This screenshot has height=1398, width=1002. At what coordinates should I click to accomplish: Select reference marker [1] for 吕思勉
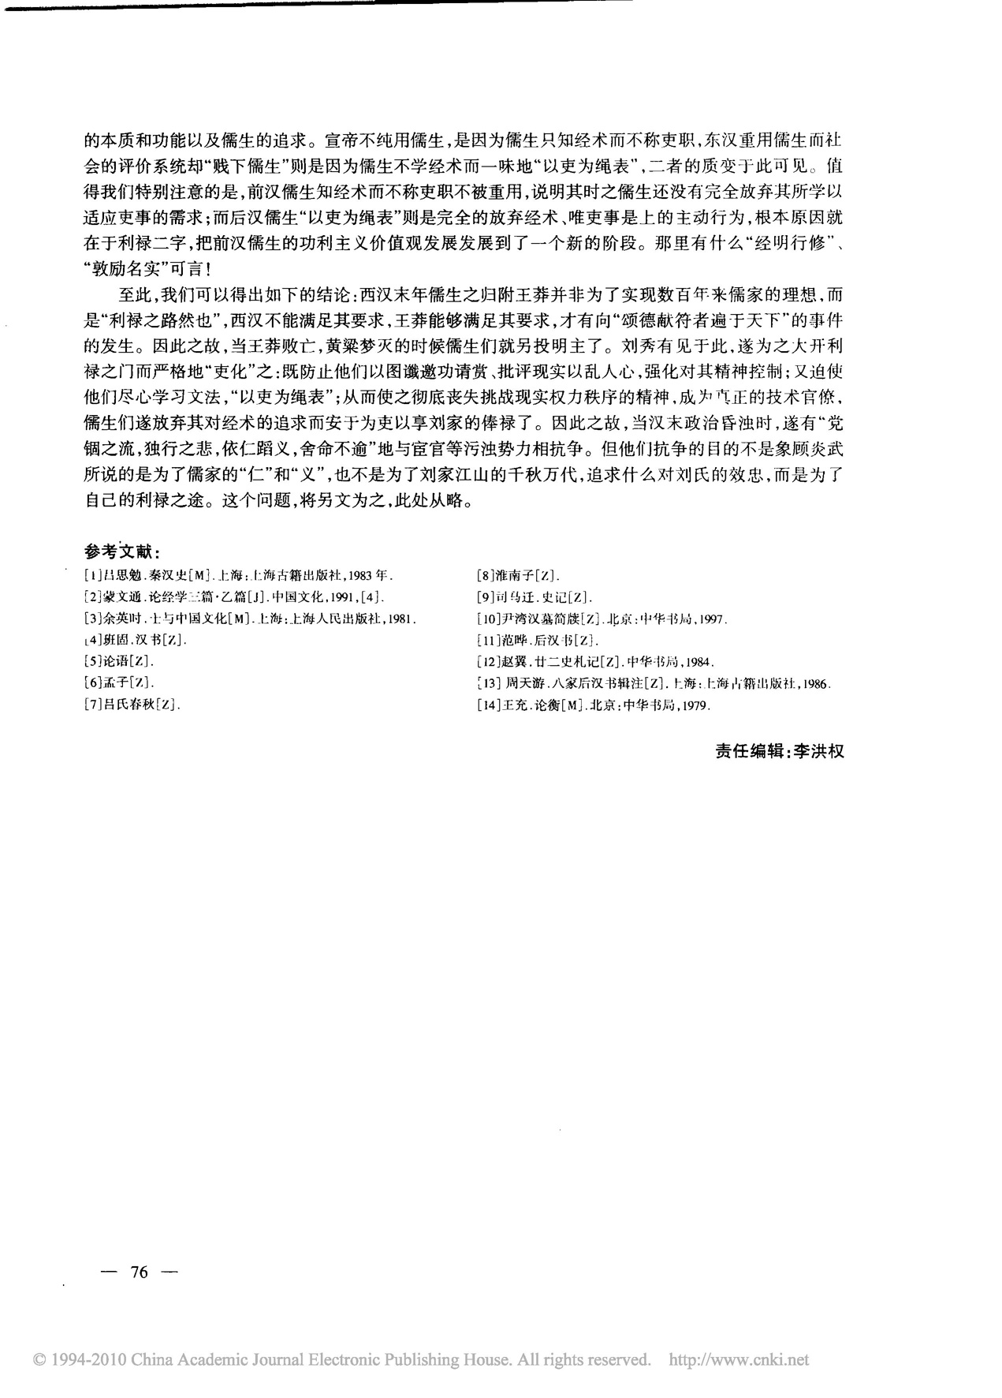coord(91,575)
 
